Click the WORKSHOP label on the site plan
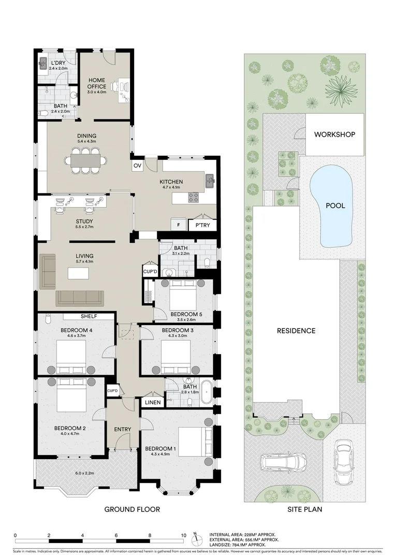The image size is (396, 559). [x=335, y=135]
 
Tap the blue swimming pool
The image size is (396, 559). [x=334, y=205]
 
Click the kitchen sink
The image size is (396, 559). [x=210, y=180]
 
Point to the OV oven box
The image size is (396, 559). [x=138, y=166]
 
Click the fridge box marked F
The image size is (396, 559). [x=179, y=225]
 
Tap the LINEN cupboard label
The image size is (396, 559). [x=152, y=403]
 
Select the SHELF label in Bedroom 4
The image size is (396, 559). [x=89, y=316]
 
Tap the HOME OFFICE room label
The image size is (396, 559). [x=97, y=83]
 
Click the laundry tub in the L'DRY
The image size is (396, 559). [x=43, y=64]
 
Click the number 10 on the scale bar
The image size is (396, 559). [x=183, y=536]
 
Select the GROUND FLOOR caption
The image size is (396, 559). [x=132, y=509]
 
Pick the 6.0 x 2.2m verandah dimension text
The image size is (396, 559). [x=85, y=473]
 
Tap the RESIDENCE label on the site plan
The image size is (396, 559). [x=296, y=331]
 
